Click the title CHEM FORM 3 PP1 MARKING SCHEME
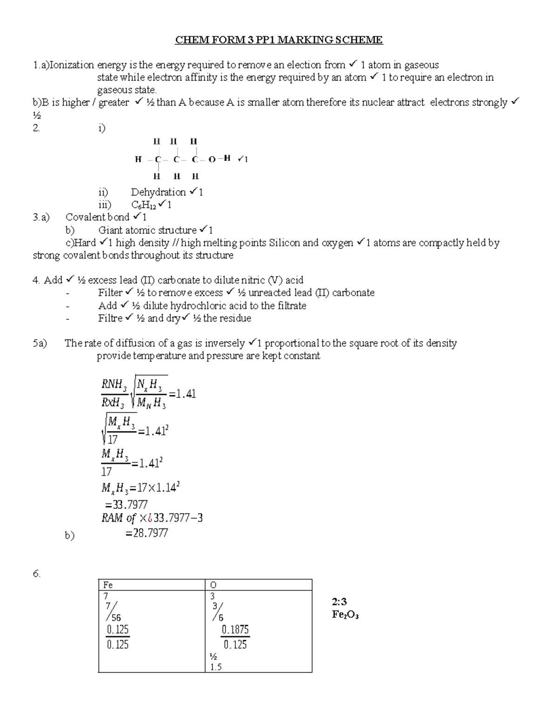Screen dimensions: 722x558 point(279,40)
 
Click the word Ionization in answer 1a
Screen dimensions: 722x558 point(72,65)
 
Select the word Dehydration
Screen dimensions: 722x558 point(158,192)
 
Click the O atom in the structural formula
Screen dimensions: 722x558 point(212,159)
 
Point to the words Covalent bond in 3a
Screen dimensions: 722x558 point(97,217)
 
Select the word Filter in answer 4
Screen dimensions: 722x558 point(110,293)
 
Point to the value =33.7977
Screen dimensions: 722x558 point(127,504)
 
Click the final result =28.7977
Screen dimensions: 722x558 point(146,533)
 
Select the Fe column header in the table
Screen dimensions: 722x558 point(108,585)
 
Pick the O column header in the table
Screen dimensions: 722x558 point(213,585)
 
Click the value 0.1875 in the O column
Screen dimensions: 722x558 point(235,630)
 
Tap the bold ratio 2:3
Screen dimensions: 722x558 point(339,602)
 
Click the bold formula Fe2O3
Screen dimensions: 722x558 point(345,615)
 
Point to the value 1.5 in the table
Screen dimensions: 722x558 point(216,667)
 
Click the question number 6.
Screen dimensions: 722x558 point(37,574)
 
